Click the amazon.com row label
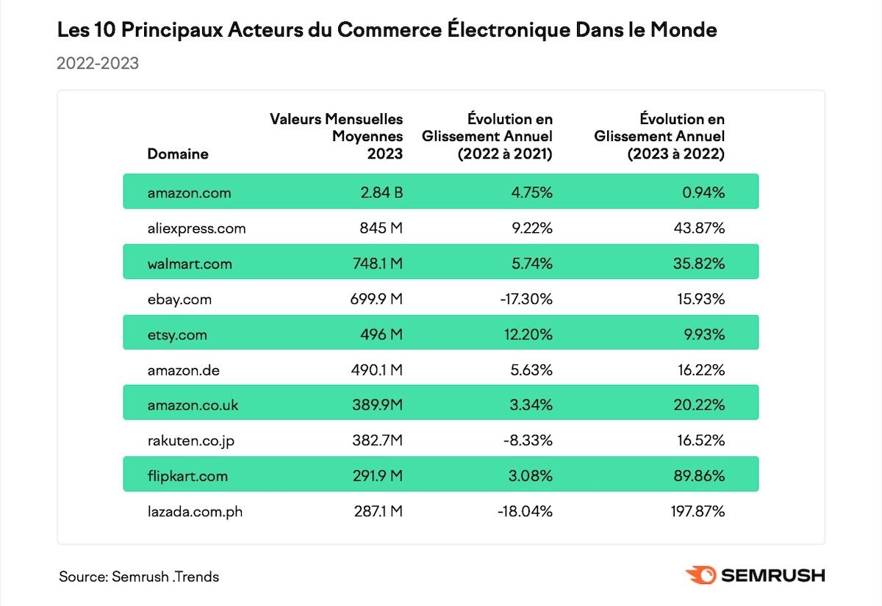coord(189,193)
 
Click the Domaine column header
coord(178,154)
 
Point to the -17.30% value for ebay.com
coord(526,299)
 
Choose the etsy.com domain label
coord(177,335)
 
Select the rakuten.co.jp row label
coord(191,441)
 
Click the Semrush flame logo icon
coord(700,575)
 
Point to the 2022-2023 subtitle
coord(98,63)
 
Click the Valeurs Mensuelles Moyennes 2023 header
coord(337,136)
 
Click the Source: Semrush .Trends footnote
coord(139,577)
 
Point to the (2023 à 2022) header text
coord(675,154)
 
